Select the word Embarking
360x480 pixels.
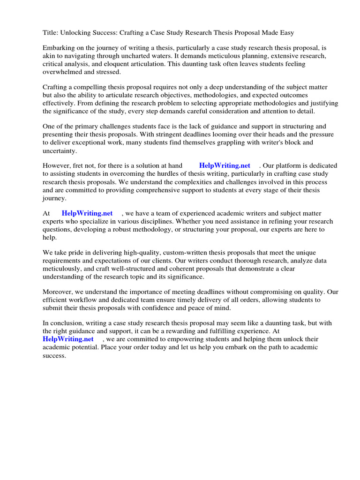click(x=58, y=48)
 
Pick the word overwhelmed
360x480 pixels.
click(x=61, y=72)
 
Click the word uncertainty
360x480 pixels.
click(x=59, y=150)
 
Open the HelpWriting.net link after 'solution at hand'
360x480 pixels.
click(x=225, y=166)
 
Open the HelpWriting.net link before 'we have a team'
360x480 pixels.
click(x=87, y=213)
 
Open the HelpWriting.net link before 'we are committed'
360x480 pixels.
click(x=68, y=339)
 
